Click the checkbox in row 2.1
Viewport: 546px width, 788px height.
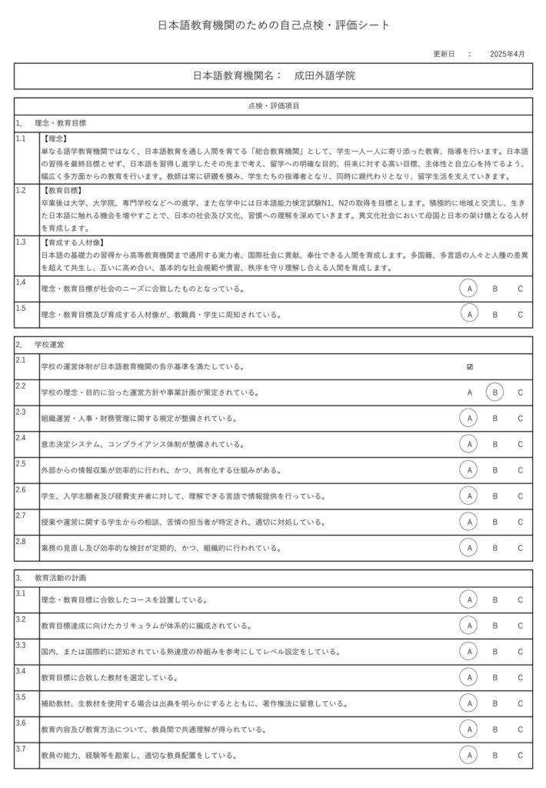coord(470,367)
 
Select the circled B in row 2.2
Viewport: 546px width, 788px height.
coord(495,392)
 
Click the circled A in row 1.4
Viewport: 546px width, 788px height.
coord(470,289)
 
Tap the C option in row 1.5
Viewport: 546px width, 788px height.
coord(521,314)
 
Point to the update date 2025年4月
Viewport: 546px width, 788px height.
coord(508,55)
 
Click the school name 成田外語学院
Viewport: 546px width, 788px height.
coord(325,76)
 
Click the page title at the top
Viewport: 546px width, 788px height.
coord(274,25)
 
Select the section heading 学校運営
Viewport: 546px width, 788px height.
coord(50,345)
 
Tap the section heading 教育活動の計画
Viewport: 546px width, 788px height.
coord(62,577)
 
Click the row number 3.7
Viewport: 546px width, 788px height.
coord(21,750)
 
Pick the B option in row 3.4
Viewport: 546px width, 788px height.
coord(495,677)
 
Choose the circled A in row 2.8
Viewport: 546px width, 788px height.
coord(470,548)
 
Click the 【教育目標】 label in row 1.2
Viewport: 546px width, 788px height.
coord(65,189)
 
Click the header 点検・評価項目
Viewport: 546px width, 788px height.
coord(274,105)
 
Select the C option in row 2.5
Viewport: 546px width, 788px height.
coord(521,470)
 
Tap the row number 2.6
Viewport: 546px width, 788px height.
coord(21,489)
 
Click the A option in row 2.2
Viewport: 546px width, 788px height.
coord(470,392)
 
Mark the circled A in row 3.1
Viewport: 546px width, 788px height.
coord(470,599)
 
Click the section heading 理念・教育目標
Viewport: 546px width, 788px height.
coord(61,122)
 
